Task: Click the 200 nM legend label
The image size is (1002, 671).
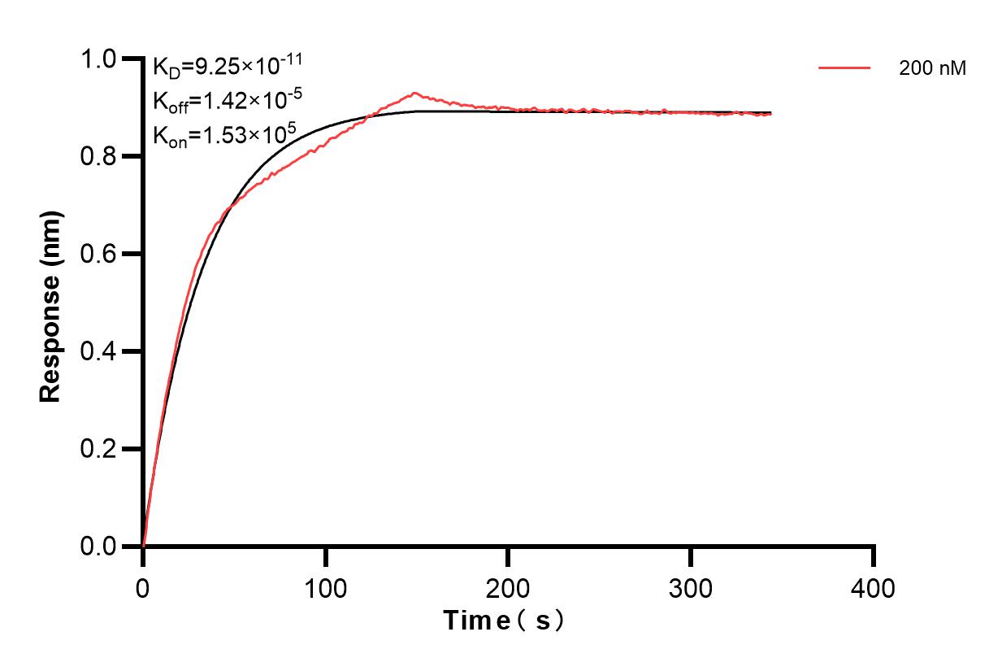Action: click(932, 69)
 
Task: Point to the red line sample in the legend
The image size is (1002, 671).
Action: click(844, 68)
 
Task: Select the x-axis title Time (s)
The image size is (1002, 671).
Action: click(503, 621)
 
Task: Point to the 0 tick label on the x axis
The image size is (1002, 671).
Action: click(143, 587)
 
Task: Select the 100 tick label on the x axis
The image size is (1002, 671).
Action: click(325, 587)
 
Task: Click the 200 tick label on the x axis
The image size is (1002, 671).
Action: click(508, 587)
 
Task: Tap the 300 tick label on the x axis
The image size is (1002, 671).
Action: click(691, 587)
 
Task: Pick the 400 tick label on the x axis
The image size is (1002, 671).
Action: click(873, 587)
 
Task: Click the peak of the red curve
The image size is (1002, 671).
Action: click(414, 93)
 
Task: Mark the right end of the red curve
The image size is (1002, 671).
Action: click(771, 115)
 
